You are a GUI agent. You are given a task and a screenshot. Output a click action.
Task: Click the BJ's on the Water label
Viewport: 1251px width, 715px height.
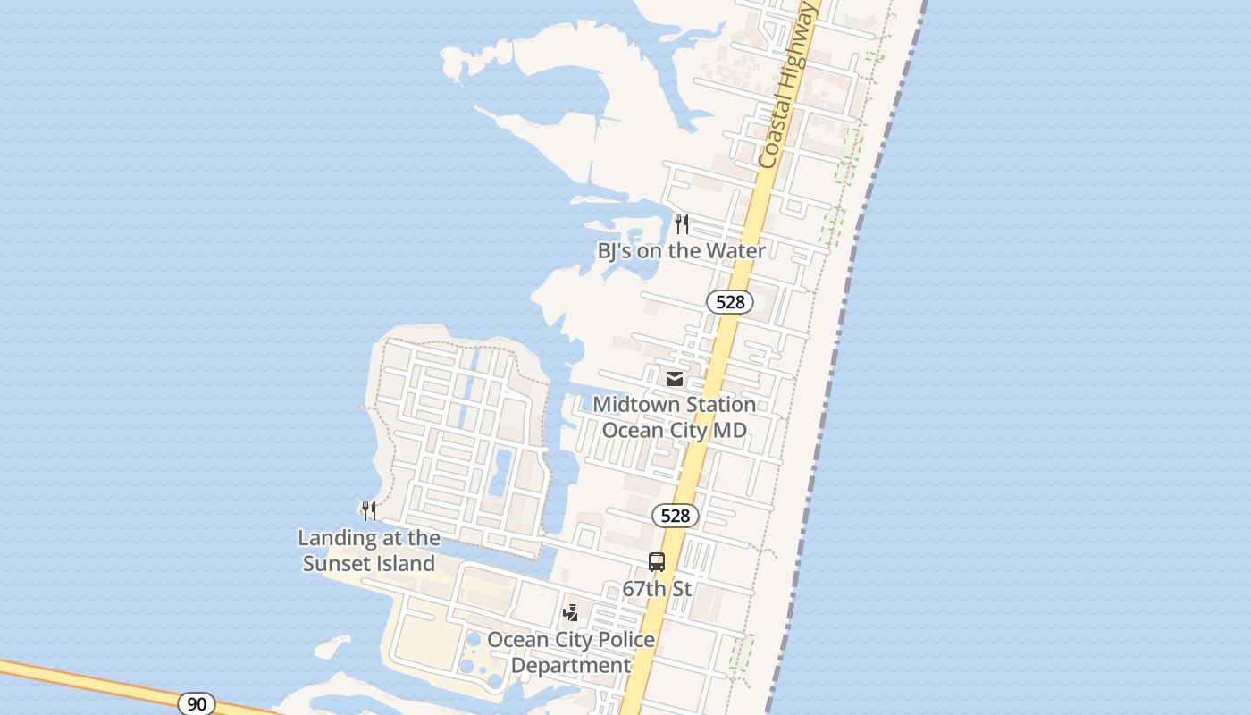681,251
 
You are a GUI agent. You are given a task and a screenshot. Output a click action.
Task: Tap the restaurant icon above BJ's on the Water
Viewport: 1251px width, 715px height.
682,223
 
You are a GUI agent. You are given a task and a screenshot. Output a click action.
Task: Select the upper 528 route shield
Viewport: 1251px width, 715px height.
730,302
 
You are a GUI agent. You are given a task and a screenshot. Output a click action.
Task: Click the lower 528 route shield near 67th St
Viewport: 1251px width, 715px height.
676,516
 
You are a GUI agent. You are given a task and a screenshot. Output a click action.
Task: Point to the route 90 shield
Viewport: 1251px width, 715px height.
197,704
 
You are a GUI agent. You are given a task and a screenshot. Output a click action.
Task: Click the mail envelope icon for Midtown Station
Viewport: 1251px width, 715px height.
675,379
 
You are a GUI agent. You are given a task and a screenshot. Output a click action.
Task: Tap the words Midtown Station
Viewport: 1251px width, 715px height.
674,405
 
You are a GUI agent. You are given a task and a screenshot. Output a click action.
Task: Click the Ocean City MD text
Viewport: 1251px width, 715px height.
674,430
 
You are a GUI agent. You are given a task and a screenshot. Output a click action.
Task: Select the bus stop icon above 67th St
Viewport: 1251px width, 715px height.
657,562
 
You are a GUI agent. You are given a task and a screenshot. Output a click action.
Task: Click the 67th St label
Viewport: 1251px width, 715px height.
657,589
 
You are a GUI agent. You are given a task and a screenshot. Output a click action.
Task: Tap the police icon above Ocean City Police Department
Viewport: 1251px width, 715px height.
570,613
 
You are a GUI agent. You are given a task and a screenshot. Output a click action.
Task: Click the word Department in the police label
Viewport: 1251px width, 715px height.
571,666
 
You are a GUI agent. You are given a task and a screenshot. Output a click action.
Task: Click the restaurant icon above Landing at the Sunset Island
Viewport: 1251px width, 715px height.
368,510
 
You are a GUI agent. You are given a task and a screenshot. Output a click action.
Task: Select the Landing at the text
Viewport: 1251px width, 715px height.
368,538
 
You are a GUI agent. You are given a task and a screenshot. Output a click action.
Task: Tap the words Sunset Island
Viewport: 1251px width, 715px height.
368,564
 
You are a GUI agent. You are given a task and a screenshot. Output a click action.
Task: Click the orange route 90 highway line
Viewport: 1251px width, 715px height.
89,684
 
